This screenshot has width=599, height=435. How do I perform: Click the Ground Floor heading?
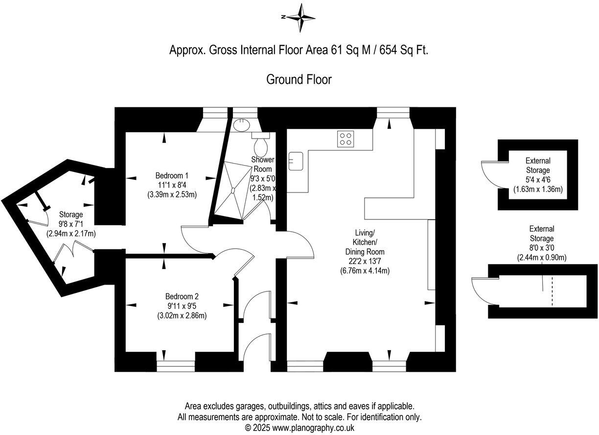click(299, 79)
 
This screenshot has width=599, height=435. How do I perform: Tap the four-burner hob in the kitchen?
click(346, 139)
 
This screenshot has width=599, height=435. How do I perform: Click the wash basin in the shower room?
click(240, 125)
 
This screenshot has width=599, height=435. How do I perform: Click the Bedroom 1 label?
click(172, 175)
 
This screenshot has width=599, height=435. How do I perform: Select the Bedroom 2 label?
click(182, 296)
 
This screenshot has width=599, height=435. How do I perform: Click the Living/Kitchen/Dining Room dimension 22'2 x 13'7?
click(365, 261)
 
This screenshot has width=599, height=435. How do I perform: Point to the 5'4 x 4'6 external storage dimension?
click(538, 179)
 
